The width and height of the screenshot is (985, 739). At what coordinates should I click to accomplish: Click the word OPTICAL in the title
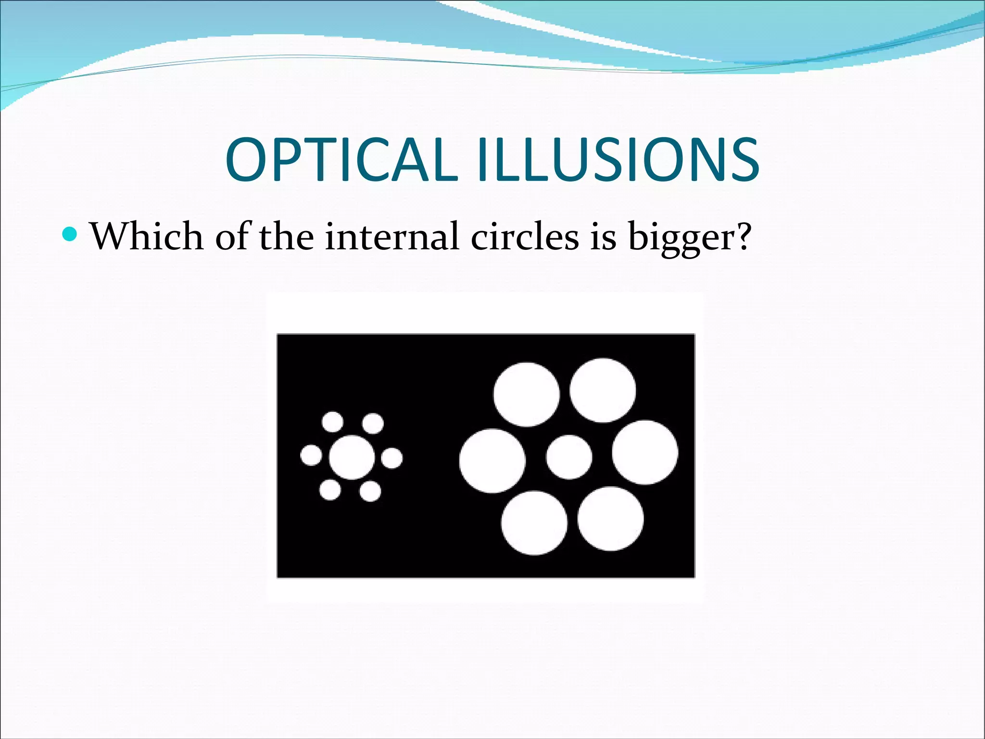click(x=341, y=160)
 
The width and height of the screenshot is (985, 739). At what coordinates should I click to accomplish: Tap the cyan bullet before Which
click(x=70, y=234)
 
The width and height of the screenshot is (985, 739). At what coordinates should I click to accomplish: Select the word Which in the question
click(x=147, y=236)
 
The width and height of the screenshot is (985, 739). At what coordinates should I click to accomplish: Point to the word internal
click(x=391, y=236)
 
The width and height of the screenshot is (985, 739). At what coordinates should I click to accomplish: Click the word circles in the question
click(x=525, y=236)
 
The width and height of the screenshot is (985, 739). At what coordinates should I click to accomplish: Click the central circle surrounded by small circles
click(x=352, y=457)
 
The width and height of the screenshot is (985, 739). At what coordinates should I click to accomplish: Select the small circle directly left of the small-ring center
click(x=311, y=455)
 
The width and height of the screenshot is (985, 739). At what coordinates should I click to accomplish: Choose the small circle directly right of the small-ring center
click(x=392, y=457)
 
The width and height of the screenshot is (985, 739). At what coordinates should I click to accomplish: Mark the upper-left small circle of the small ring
click(x=332, y=422)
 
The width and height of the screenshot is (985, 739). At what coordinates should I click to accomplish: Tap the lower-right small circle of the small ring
click(x=370, y=492)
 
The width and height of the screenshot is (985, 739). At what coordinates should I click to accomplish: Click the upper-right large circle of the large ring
click(x=603, y=390)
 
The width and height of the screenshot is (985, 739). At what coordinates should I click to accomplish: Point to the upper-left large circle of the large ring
click(x=527, y=394)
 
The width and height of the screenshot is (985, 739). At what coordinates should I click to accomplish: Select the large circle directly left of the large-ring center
click(x=492, y=461)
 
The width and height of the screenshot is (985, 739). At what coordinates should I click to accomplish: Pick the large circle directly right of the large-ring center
click(x=645, y=452)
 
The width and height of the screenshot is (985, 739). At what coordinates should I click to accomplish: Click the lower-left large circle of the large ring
click(x=534, y=523)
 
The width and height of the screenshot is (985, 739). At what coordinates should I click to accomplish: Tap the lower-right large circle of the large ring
click(x=610, y=519)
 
